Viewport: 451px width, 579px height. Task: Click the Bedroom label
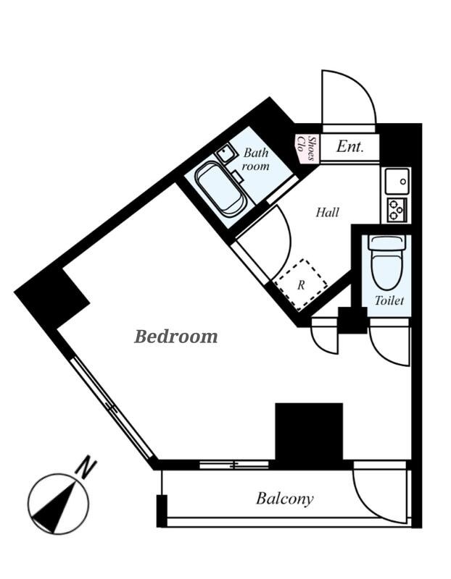point(176,337)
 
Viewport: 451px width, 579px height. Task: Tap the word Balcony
point(285,499)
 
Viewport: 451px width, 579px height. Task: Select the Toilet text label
point(389,300)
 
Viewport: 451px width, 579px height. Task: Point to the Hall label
point(328,212)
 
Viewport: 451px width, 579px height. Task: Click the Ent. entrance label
point(350,147)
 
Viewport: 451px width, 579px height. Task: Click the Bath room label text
point(255,159)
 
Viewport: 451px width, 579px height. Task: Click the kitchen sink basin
point(397,182)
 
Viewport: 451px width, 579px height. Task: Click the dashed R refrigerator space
point(301,284)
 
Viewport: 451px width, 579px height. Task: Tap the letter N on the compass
point(86,467)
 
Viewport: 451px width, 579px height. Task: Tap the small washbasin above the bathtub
point(225,153)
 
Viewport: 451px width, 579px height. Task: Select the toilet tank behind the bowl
point(386,243)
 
